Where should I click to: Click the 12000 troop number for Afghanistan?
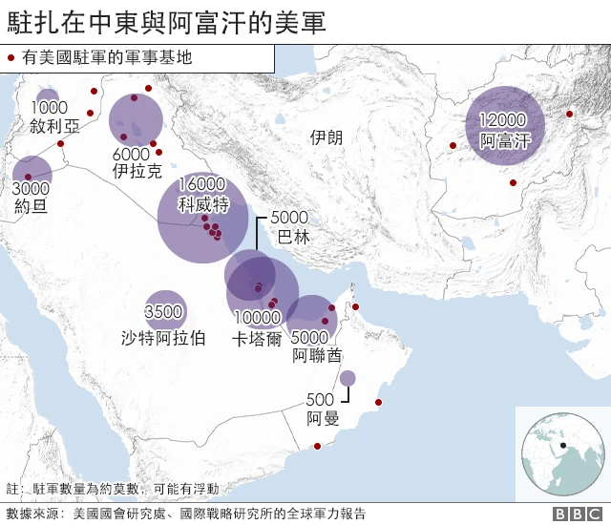(503, 120)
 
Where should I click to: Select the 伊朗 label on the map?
(327, 138)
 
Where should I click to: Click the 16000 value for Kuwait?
(201, 184)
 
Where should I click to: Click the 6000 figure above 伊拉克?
(131, 155)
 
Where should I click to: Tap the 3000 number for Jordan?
(32, 188)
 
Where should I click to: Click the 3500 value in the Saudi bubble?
(163, 312)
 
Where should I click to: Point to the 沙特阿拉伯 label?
(163, 337)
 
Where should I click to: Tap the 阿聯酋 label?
(317, 356)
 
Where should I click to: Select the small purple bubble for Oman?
(348, 379)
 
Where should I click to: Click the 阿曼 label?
(321, 418)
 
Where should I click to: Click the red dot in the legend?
(11, 57)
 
